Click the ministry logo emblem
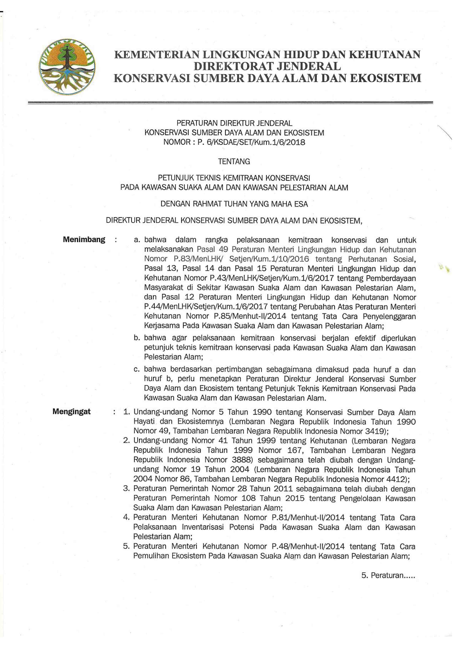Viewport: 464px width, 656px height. coord(68,67)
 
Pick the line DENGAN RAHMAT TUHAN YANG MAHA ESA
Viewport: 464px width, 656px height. coord(234,204)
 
